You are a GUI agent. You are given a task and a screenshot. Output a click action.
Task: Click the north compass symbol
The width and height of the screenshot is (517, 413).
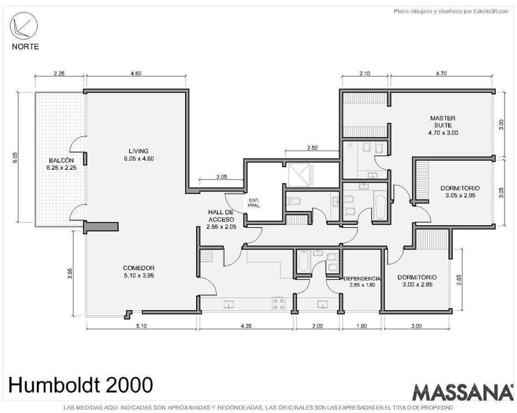(24, 26)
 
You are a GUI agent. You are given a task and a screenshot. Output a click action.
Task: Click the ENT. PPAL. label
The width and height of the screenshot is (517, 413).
(254, 203)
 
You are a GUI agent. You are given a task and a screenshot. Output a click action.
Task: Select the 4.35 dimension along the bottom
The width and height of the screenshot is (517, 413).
(246, 326)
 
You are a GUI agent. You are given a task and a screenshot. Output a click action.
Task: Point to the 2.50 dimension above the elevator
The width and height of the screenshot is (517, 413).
(312, 148)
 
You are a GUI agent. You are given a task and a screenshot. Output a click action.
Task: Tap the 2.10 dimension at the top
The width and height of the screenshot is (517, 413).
(365, 74)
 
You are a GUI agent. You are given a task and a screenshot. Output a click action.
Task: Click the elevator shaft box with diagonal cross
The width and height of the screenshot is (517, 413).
(299, 172)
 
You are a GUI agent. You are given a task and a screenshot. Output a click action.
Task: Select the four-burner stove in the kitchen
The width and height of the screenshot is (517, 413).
(278, 304)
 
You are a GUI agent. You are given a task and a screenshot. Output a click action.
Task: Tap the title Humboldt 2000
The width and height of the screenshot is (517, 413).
(81, 385)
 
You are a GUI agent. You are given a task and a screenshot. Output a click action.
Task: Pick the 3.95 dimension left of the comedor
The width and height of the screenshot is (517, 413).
(69, 273)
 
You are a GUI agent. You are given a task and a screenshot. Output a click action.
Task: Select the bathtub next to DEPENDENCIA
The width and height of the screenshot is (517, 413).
(303, 261)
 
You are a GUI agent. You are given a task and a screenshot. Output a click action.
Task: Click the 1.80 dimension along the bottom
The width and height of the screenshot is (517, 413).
(362, 326)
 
